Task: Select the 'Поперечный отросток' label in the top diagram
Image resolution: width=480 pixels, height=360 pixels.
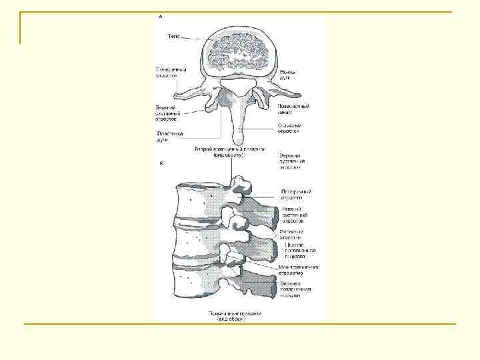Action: point(171,72)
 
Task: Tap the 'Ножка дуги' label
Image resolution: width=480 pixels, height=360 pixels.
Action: point(288,75)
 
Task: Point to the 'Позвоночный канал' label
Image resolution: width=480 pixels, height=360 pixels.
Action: point(293,109)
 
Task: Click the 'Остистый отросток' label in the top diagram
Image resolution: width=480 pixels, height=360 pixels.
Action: point(289,128)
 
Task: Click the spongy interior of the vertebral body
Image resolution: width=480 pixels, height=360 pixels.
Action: point(240,54)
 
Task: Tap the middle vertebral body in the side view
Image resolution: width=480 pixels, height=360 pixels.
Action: point(199,243)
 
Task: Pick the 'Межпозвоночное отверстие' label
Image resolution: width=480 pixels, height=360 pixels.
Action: point(299,269)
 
